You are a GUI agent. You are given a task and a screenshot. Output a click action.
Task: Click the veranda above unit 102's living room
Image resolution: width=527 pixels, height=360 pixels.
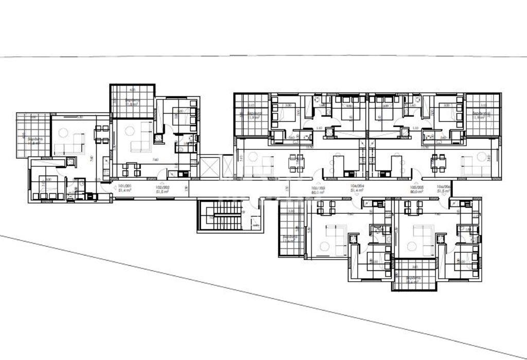(132, 101)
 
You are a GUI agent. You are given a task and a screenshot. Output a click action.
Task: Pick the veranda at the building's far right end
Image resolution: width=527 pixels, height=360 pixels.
(483, 114)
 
